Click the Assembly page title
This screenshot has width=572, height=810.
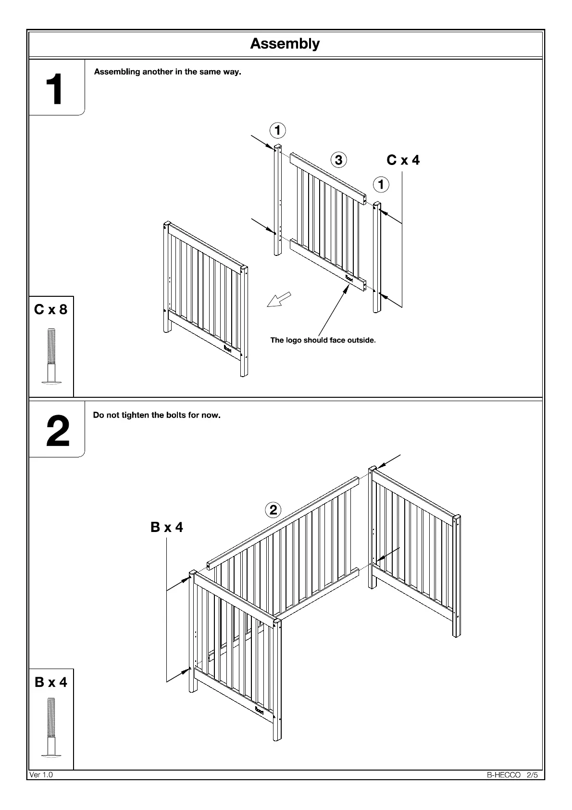pyautogui.click(x=285, y=44)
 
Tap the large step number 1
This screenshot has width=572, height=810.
pyautogui.click(x=54, y=89)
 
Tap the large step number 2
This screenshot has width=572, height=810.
pyautogui.click(x=57, y=431)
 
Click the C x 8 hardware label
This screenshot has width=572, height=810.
pyautogui.click(x=51, y=309)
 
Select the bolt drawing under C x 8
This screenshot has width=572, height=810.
pyautogui.click(x=51, y=356)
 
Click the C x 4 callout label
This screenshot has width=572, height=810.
pyautogui.click(x=403, y=160)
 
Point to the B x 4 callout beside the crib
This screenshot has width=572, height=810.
pyautogui.click(x=166, y=527)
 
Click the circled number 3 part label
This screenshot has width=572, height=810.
pyautogui.click(x=339, y=160)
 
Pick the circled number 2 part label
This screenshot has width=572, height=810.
pyautogui.click(x=273, y=510)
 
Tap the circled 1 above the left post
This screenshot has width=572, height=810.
pyautogui.click(x=277, y=130)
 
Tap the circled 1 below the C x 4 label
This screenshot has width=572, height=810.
pyautogui.click(x=381, y=184)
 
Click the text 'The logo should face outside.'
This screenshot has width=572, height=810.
pyautogui.click(x=323, y=340)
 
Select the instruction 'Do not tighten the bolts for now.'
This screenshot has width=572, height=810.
pyautogui.click(x=157, y=415)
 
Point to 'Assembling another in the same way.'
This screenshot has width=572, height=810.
pyautogui.click(x=167, y=72)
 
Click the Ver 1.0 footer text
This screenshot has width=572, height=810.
pyautogui.click(x=41, y=775)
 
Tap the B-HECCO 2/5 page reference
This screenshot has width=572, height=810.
pyautogui.click(x=512, y=775)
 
